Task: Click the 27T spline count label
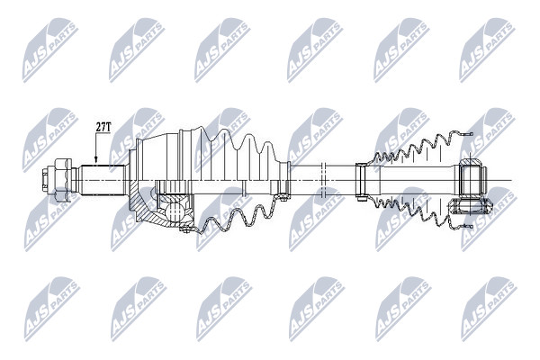[x=103, y=128]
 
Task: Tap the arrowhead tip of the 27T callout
[x=96, y=162]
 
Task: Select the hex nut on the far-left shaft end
[x=62, y=180]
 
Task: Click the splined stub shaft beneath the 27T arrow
[x=102, y=180]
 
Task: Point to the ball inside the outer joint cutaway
[x=175, y=211]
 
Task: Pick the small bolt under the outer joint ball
[x=185, y=229]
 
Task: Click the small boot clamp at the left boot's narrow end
[x=283, y=180]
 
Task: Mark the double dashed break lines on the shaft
[x=323, y=180]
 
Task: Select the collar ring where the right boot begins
[x=362, y=180]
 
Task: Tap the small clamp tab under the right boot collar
[x=361, y=198]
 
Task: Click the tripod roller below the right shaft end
[x=471, y=206]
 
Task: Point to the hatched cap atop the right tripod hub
[x=469, y=162]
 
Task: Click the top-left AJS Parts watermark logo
[x=50, y=50]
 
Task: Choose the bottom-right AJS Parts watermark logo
[x=490, y=309]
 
